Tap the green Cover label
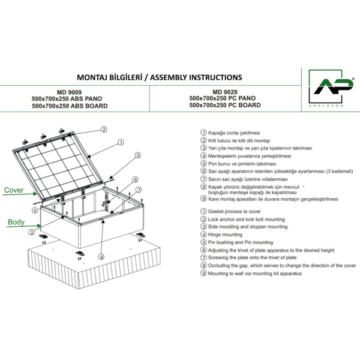pos(14,190)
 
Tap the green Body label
pos(16,222)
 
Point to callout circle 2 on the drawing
pos(103,129)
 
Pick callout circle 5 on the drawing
pos(137,155)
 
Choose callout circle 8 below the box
pos(101,257)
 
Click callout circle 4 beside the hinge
pos(35,211)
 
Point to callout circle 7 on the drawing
pos(139,190)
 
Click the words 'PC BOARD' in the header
pos(244,105)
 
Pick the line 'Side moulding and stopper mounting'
pos(247,227)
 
